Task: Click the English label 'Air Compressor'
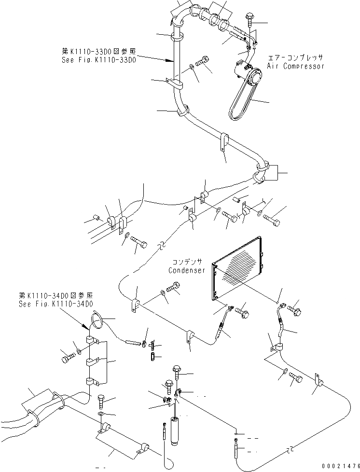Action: [x=296, y=66]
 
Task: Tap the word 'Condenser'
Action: [x=186, y=271]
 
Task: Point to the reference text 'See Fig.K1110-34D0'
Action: [x=55, y=304]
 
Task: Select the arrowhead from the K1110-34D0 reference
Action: [x=90, y=329]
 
